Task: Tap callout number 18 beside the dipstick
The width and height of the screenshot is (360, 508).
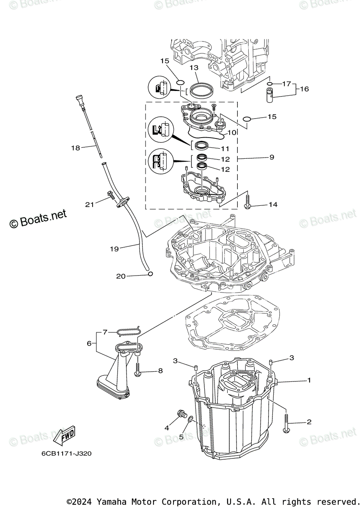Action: point(76,148)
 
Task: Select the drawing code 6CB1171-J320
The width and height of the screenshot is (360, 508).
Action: point(66,453)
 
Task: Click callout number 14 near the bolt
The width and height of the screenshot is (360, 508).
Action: point(273,204)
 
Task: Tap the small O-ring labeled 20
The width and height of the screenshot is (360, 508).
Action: point(150,274)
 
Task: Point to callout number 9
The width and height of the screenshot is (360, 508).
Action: point(271,157)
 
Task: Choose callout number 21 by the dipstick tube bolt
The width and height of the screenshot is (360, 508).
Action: point(89,204)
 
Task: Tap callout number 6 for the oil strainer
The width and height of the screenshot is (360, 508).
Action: point(89,343)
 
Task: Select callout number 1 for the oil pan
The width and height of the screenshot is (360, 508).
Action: point(309,380)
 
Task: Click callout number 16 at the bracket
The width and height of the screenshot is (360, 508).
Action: point(305,89)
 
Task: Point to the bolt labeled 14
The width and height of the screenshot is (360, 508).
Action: point(248,202)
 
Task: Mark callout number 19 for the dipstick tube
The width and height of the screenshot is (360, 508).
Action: point(114,249)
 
